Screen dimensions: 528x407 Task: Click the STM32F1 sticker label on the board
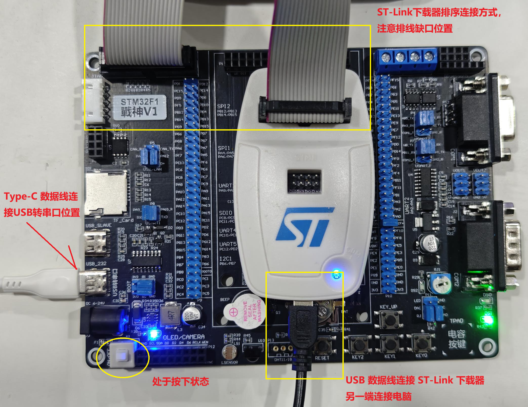tap(139, 107)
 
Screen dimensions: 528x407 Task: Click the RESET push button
tap(323, 346)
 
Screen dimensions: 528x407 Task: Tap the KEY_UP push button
tap(388, 319)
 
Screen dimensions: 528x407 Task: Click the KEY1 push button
tap(390, 344)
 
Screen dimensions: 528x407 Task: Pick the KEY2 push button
tap(358, 345)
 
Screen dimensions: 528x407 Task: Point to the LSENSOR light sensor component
tap(229, 352)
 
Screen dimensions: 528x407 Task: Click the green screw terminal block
tap(407, 59)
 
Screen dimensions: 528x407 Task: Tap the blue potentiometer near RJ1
tap(439, 283)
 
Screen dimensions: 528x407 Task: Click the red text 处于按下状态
tap(180, 381)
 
